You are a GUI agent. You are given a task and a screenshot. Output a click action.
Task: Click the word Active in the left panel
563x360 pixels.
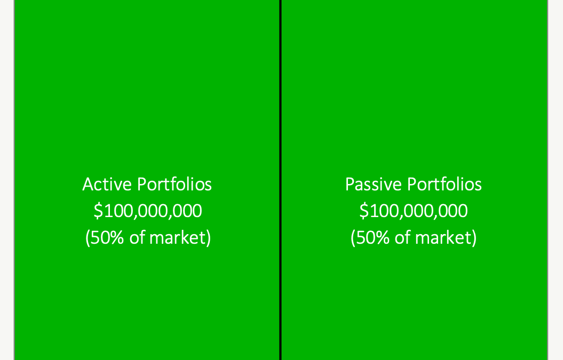pyautogui.click(x=107, y=185)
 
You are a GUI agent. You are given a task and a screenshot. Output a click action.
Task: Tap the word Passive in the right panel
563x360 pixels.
pyautogui.click(x=374, y=185)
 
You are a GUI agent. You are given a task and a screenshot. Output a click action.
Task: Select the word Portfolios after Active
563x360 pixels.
pyautogui.click(x=175, y=185)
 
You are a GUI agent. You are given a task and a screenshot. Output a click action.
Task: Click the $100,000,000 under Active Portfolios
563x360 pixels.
pyautogui.click(x=148, y=211)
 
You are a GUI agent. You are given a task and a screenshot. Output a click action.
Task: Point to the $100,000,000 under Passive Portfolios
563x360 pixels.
pyautogui.click(x=414, y=211)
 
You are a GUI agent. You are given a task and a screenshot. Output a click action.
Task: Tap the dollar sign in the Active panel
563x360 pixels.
pyautogui.click(x=98, y=211)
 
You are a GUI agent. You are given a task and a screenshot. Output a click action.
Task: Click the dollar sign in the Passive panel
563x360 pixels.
pyautogui.click(x=364, y=211)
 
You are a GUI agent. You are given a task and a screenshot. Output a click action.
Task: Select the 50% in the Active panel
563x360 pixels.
pyautogui.click(x=107, y=238)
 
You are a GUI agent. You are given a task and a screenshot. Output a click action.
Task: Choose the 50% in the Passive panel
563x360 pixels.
pyautogui.click(x=372, y=238)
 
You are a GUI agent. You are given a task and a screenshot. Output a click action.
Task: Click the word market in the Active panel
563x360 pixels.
pyautogui.click(x=177, y=238)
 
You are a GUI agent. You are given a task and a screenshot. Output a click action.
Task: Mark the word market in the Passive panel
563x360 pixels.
pyautogui.click(x=443, y=238)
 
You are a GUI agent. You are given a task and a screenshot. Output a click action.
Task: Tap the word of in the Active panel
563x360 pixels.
pyautogui.click(x=137, y=238)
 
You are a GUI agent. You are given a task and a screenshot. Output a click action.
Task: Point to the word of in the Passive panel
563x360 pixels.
pyautogui.click(x=403, y=238)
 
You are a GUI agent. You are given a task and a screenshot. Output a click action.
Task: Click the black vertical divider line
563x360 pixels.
pyautogui.click(x=280, y=180)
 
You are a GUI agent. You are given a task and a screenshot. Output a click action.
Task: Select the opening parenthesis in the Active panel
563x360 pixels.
pyautogui.click(x=88, y=238)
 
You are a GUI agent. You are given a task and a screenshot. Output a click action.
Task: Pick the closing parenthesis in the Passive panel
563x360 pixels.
pyautogui.click(x=474, y=238)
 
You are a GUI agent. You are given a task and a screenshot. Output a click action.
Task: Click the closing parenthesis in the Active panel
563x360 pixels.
pyautogui.click(x=208, y=238)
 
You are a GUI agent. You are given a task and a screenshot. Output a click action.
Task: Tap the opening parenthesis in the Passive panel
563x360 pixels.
pyautogui.click(x=353, y=238)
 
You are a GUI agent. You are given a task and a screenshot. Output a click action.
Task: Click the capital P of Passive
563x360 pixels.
pyautogui.click(x=350, y=185)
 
